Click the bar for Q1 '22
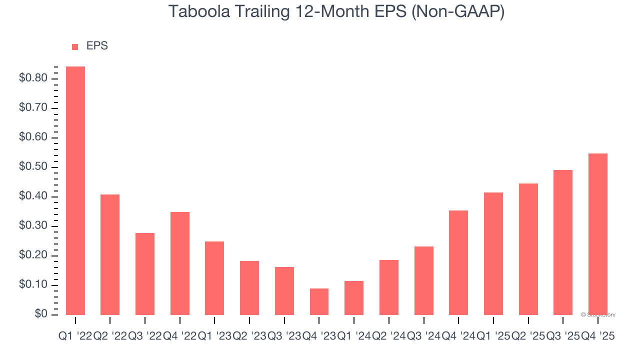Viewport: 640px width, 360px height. pos(75,190)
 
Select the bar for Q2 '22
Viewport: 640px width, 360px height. pos(110,254)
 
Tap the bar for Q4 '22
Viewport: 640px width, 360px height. pos(180,263)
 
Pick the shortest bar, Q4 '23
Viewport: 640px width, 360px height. pos(319,301)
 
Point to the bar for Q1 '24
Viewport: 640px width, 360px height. pos(354,298)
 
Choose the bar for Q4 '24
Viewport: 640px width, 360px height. pos(458,262)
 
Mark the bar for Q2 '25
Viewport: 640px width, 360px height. pos(528,249)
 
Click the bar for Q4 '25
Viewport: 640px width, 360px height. pos(598,234)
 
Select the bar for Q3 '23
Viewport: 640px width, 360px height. pos(284,291)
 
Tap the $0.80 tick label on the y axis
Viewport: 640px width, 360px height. pos(33,78)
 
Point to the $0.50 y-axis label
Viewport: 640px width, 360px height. pos(33,167)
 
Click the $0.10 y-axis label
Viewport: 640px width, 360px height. pos(33,285)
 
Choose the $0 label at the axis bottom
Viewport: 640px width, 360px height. pos(40,314)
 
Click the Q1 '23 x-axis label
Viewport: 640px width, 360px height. pos(214,337)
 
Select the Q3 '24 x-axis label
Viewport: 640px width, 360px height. pos(424,337)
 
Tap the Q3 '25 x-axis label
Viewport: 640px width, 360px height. pos(563,337)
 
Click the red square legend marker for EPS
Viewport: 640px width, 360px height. pos(75,46)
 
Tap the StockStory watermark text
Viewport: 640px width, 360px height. pos(598,315)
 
